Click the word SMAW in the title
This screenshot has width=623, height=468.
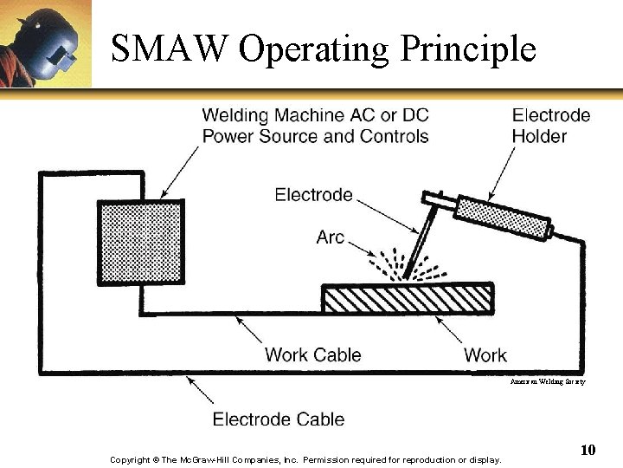(169, 49)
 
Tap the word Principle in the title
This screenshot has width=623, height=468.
(467, 49)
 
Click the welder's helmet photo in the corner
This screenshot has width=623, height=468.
(45, 43)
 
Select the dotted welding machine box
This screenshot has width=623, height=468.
(140, 241)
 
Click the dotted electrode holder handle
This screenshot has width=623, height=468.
(503, 218)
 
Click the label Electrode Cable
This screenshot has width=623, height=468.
(279, 419)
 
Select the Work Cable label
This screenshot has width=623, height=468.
(312, 354)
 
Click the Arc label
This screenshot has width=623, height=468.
(330, 237)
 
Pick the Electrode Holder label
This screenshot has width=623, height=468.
(550, 126)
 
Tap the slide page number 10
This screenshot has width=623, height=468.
(588, 449)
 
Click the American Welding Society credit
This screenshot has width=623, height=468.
(547, 381)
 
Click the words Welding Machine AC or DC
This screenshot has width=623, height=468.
(315, 115)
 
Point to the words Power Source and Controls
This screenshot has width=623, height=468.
(315, 136)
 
